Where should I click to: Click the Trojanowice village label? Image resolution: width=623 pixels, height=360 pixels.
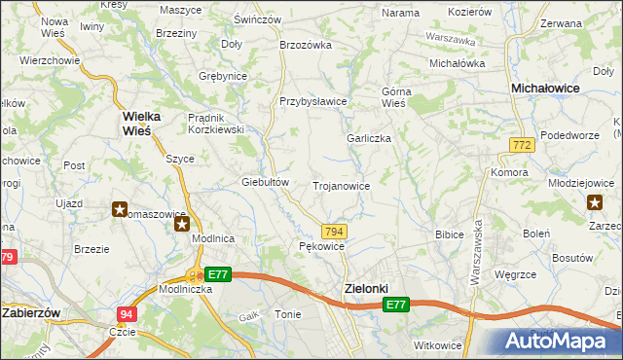[341, 185]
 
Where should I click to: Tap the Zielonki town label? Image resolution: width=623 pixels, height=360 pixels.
[366, 289]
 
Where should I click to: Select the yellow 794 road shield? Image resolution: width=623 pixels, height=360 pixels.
[334, 231]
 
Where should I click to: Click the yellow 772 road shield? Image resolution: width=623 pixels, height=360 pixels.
[521, 145]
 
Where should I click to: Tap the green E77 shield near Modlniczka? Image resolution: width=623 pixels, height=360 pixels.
[217, 275]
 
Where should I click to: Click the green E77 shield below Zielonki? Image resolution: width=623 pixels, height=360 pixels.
[395, 306]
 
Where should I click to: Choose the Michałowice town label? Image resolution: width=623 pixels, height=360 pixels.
[546, 88]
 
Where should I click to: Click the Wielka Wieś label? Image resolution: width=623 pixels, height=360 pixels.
[148, 123]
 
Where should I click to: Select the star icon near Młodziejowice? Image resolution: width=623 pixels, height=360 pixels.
[595, 202]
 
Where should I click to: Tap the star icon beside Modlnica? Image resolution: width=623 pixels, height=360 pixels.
[182, 225]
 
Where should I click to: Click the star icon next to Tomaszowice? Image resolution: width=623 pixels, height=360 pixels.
[120, 209]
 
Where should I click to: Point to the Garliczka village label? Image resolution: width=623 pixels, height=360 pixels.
[369, 138]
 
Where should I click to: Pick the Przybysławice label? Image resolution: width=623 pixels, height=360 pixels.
[313, 101]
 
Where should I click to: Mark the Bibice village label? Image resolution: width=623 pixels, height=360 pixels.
[449, 234]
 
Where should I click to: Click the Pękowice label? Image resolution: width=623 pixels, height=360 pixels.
[320, 247]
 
